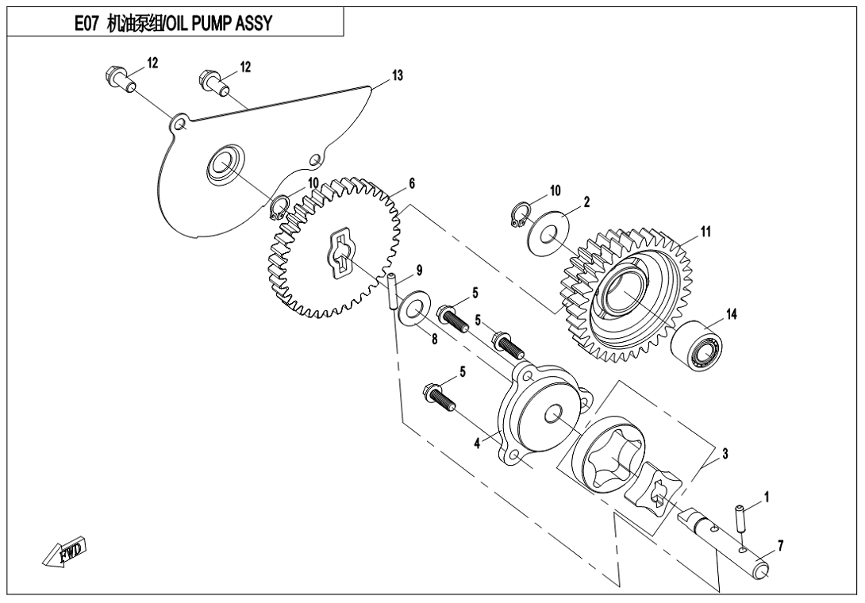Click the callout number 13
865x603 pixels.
[398, 75]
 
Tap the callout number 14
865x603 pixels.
[731, 314]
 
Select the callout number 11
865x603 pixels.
[705, 232]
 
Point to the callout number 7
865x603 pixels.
[780, 546]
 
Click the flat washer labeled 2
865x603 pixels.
[548, 236]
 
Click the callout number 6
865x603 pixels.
[412, 184]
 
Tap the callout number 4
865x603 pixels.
[478, 443]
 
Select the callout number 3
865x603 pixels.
[725, 454]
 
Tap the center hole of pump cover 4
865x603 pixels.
[553, 414]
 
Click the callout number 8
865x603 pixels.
[435, 340]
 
